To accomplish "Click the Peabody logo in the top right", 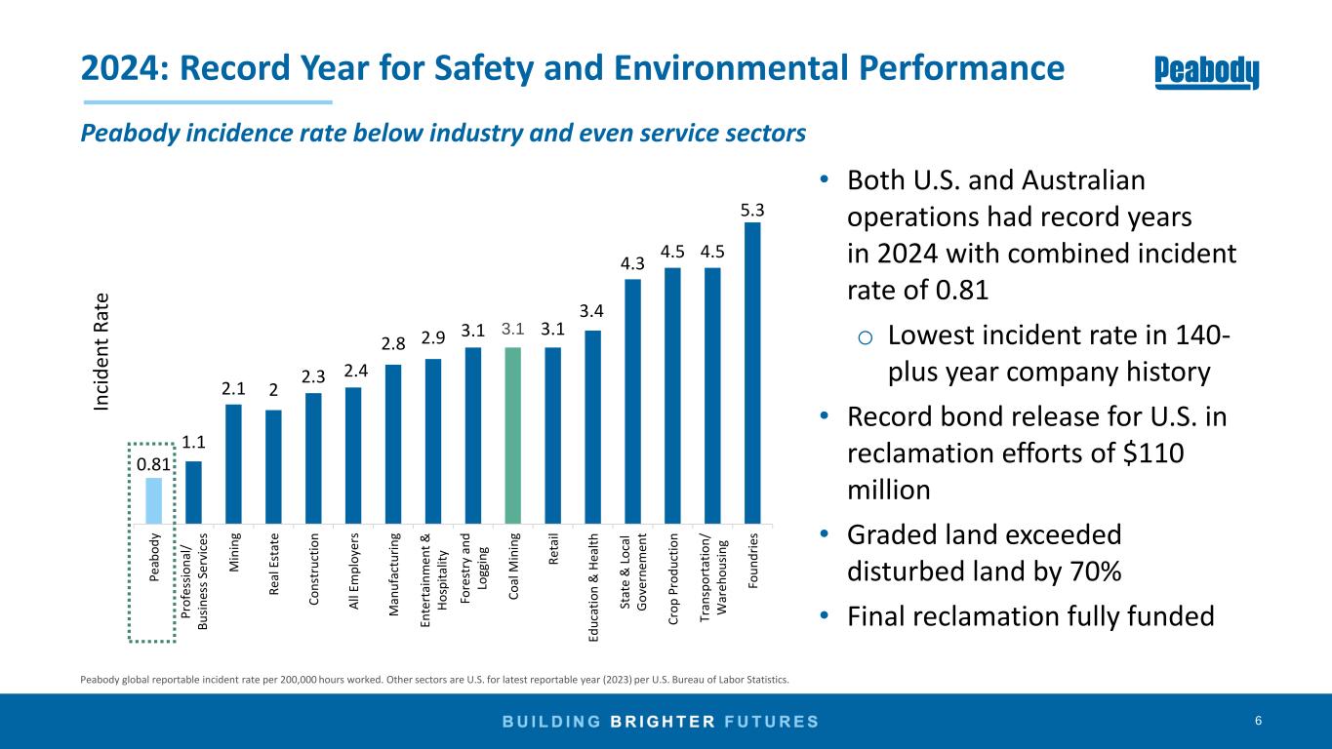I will pyautogui.click(x=1207, y=72).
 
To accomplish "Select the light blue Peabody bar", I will pyautogui.click(x=154, y=499).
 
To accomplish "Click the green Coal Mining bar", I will pyautogui.click(x=513, y=434).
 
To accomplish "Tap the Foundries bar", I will pyautogui.click(x=752, y=372).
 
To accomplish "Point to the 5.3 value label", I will pyautogui.click(x=752, y=210).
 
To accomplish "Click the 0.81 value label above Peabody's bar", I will pyautogui.click(x=151, y=464).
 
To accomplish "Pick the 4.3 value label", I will pyautogui.click(x=632, y=264).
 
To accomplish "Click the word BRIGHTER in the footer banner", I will pyautogui.click(x=670, y=722).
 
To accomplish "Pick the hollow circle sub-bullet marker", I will pyautogui.click(x=866, y=338).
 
